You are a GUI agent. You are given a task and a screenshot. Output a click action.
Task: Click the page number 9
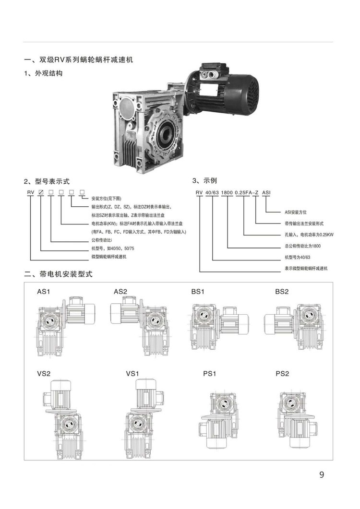pyautogui.click(x=322, y=474)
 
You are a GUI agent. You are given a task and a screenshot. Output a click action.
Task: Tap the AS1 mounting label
pyautogui.click(x=44, y=292)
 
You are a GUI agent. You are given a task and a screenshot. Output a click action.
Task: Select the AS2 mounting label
pyautogui.click(x=120, y=292)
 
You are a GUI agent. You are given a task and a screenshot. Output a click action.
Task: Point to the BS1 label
pyautogui.click(x=198, y=292)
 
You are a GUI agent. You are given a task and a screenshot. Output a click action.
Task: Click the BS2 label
pyautogui.click(x=282, y=292)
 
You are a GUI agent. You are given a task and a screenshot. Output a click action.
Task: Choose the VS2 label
pyautogui.click(x=44, y=374)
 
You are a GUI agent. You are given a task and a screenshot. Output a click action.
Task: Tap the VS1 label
pyautogui.click(x=132, y=374)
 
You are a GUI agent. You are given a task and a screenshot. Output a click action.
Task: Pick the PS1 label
pyautogui.click(x=210, y=374)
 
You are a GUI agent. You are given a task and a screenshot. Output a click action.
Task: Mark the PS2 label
pyautogui.click(x=282, y=374)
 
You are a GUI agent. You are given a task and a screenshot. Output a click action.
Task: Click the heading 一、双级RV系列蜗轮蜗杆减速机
pyautogui.click(x=79, y=60)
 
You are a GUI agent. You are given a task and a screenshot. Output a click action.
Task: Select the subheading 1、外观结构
pyautogui.click(x=43, y=73)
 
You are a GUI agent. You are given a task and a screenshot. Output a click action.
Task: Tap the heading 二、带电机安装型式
pyautogui.click(x=59, y=274)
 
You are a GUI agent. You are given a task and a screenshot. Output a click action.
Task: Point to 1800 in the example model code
pyautogui.click(x=227, y=192)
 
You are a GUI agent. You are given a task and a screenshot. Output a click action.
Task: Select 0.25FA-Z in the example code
pyautogui.click(x=247, y=192)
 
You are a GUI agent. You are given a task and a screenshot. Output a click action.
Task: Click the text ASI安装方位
pyautogui.click(x=296, y=213)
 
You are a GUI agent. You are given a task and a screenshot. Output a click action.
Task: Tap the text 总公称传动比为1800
pyautogui.click(x=302, y=246)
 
